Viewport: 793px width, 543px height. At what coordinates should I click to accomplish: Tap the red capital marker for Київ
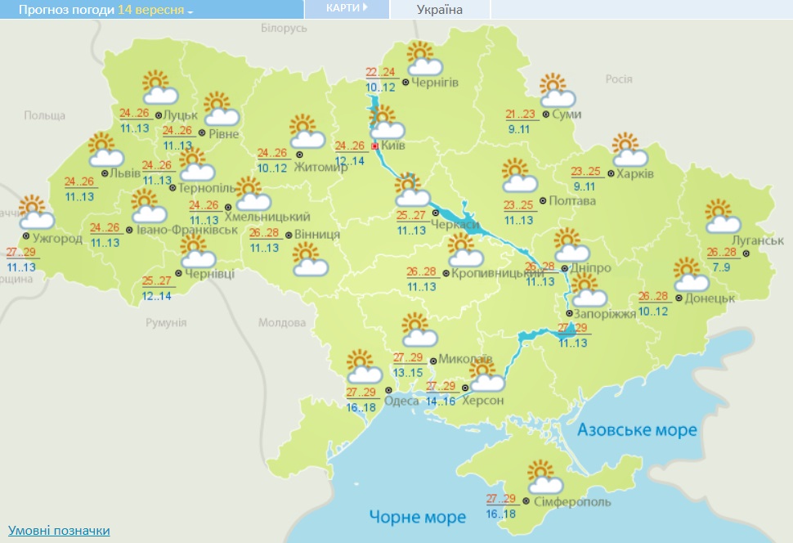[x=375, y=146]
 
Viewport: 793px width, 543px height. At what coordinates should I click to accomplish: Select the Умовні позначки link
[x=59, y=531]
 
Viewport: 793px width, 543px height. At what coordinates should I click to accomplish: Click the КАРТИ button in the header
[x=346, y=8]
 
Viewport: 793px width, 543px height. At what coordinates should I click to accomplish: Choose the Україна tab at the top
[x=439, y=10]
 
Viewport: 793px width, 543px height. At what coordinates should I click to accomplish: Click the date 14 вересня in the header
[x=155, y=10]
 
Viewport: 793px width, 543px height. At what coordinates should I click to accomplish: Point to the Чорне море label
[x=417, y=517]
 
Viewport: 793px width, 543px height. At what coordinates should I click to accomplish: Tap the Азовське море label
[x=637, y=429]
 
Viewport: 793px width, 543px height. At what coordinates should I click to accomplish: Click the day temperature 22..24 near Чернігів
[x=380, y=72]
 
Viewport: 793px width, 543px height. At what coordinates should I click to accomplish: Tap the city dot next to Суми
[x=546, y=115]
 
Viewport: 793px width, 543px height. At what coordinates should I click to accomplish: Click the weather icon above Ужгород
[x=35, y=212]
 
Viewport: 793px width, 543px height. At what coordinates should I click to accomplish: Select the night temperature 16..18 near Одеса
[x=361, y=406]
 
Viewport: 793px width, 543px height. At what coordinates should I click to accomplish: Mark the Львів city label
[x=123, y=173]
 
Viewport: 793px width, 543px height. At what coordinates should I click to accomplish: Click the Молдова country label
[x=282, y=323]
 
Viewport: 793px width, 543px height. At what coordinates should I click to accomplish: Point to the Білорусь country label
[x=284, y=28]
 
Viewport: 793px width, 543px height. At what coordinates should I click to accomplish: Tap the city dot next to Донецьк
[x=679, y=298]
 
